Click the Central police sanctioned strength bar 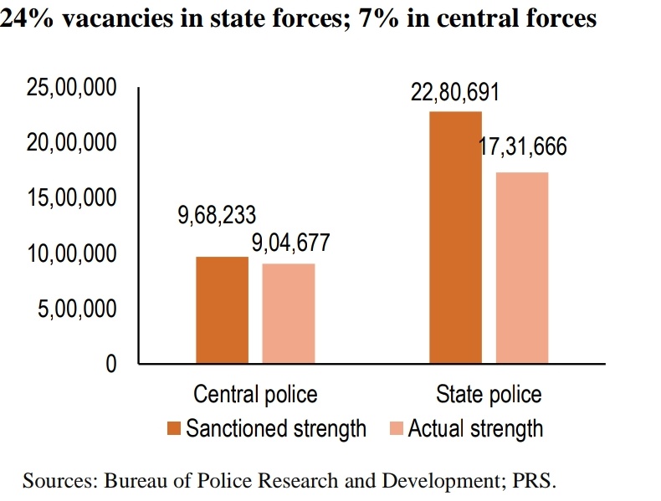pos(222,310)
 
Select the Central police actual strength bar pos(288,314)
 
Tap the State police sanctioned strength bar pos(455,238)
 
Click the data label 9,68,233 pos(216,215)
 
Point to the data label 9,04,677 pos(290,243)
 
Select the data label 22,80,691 pos(454,92)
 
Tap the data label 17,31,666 pos(522,147)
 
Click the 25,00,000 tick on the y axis pos(71,88)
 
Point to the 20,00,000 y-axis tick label pos(71,143)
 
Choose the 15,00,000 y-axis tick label pos(71,198)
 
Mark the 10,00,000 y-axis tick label pos(71,253)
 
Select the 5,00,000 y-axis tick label pos(76,309)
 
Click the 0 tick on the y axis pos(110,364)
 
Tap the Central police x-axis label pos(255,394)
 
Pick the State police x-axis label pos(489,394)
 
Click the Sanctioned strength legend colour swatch pos(174,429)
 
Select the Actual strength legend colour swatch pos(397,429)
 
